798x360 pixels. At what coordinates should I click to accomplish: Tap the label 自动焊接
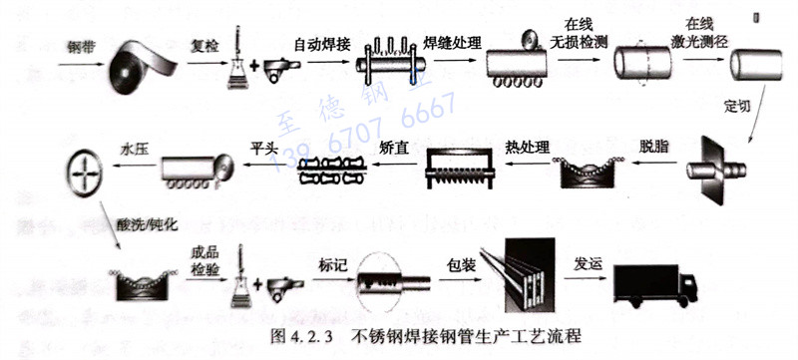tap(322, 45)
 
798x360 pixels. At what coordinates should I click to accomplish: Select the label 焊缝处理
tap(453, 43)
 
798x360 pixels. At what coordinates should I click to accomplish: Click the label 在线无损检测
tap(579, 34)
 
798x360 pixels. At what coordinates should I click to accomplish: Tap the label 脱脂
tap(653, 147)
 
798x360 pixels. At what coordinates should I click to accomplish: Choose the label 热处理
tap(528, 147)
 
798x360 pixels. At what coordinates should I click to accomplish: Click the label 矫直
tap(394, 148)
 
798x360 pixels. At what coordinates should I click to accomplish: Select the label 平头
tap(263, 148)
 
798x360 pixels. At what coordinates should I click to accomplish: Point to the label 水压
tap(134, 150)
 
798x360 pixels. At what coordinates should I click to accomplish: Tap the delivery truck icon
tap(655, 286)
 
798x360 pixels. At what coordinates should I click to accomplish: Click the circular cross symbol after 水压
tap(85, 172)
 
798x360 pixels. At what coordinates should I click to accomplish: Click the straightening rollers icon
tap(332, 171)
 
